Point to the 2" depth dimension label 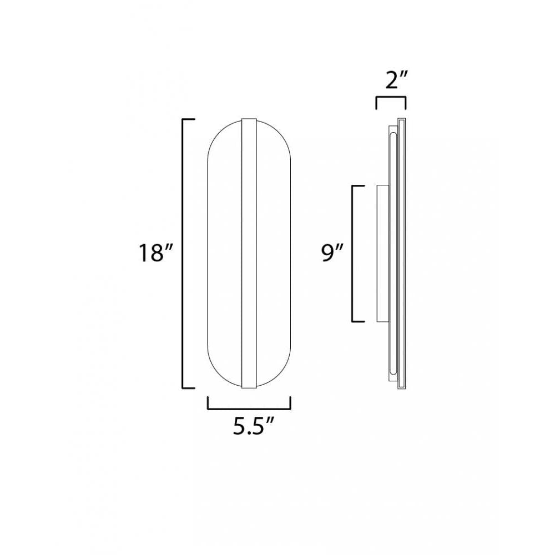point(391,82)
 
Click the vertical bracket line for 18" point(184,254)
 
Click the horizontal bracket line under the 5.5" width point(249,408)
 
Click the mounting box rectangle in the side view point(382,254)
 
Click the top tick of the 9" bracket point(359,186)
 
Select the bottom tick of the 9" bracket point(359,321)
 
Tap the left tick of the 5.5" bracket point(208,403)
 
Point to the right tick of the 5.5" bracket point(290,403)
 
